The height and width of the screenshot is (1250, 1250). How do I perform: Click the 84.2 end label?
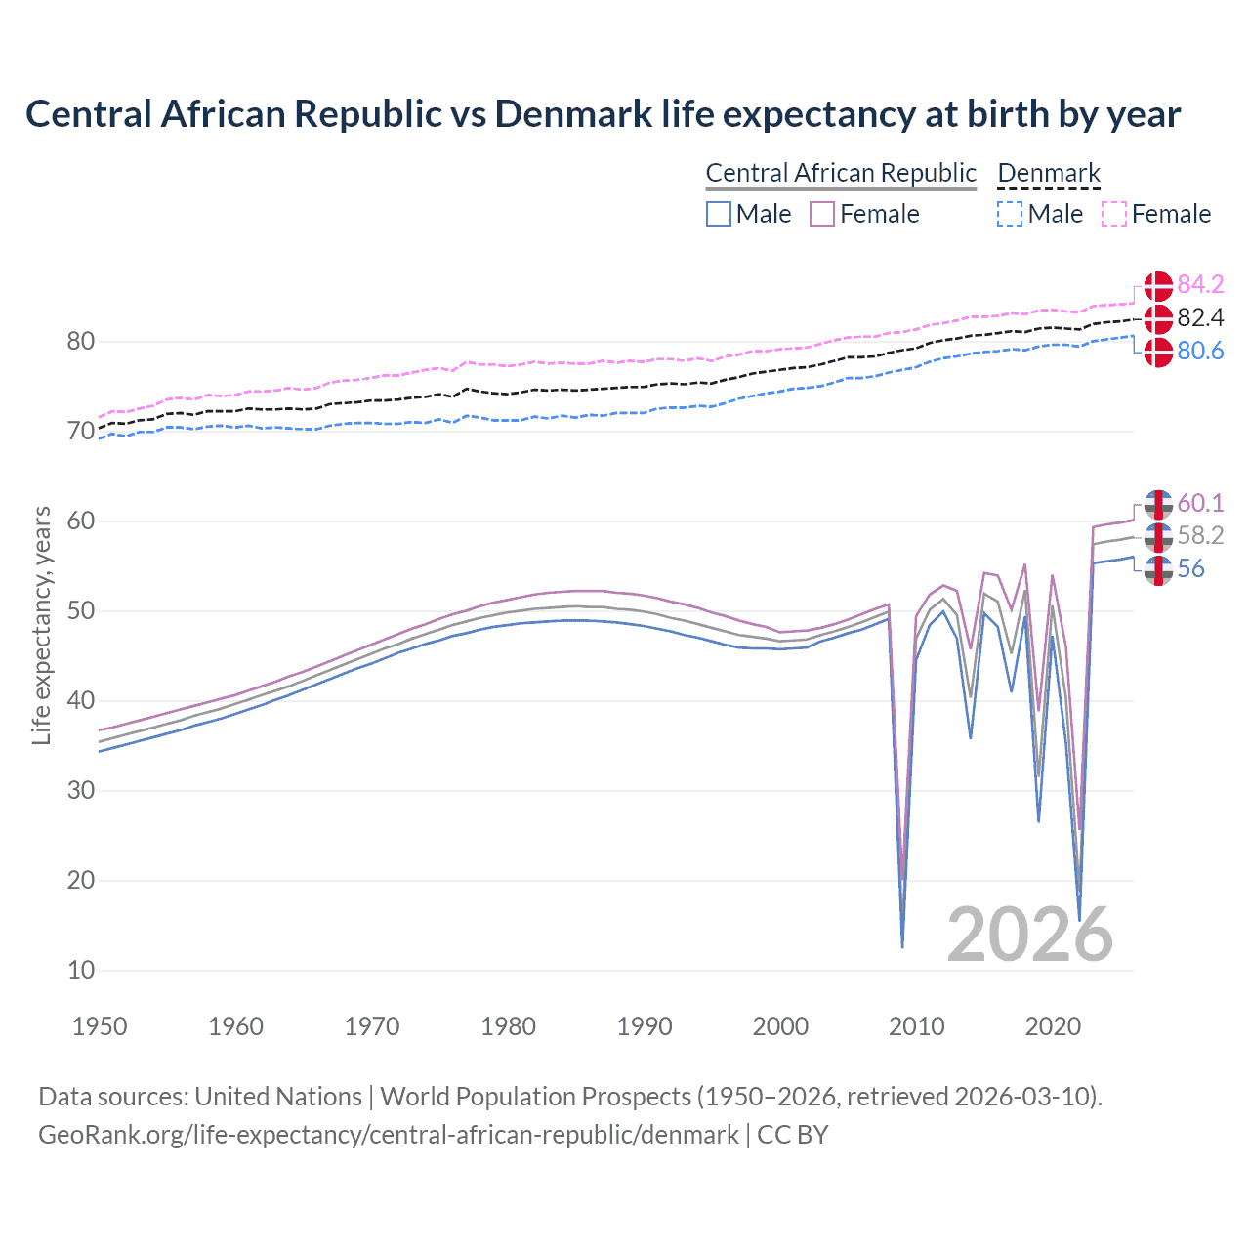[1200, 284]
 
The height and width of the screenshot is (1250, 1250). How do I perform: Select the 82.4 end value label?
[1200, 317]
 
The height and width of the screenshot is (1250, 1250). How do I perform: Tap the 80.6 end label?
[1200, 351]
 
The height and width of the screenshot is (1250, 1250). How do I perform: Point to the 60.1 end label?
[1200, 503]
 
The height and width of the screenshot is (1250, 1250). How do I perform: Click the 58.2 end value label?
[1200, 536]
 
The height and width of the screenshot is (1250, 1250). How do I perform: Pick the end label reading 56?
[1190, 569]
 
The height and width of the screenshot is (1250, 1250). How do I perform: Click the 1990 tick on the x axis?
[645, 1026]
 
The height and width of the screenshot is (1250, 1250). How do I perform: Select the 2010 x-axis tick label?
[917, 1026]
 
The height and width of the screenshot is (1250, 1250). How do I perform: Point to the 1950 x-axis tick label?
[100, 1026]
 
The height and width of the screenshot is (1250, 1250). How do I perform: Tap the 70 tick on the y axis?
[81, 431]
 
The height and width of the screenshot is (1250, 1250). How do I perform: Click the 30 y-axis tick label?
[81, 790]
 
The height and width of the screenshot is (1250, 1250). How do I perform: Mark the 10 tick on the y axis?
[81, 970]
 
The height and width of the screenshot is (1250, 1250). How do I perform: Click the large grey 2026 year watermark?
[1029, 936]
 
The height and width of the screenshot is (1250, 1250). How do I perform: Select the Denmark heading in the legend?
[1049, 174]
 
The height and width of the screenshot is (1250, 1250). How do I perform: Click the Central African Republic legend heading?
[841, 174]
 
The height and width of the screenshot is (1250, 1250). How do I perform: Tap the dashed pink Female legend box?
[1114, 214]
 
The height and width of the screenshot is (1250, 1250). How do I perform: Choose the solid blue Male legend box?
[719, 214]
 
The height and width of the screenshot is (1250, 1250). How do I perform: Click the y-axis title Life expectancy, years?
[42, 626]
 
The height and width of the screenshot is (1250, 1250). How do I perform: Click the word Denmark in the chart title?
[573, 114]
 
